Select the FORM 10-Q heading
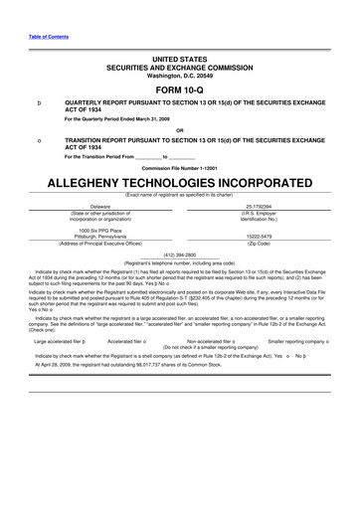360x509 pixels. (x=179, y=88)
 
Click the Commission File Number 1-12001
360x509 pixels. (x=179, y=168)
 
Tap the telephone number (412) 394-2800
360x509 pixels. (x=178, y=254)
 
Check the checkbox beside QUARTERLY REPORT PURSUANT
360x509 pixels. (x=38, y=102)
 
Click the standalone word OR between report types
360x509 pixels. (x=179, y=130)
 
